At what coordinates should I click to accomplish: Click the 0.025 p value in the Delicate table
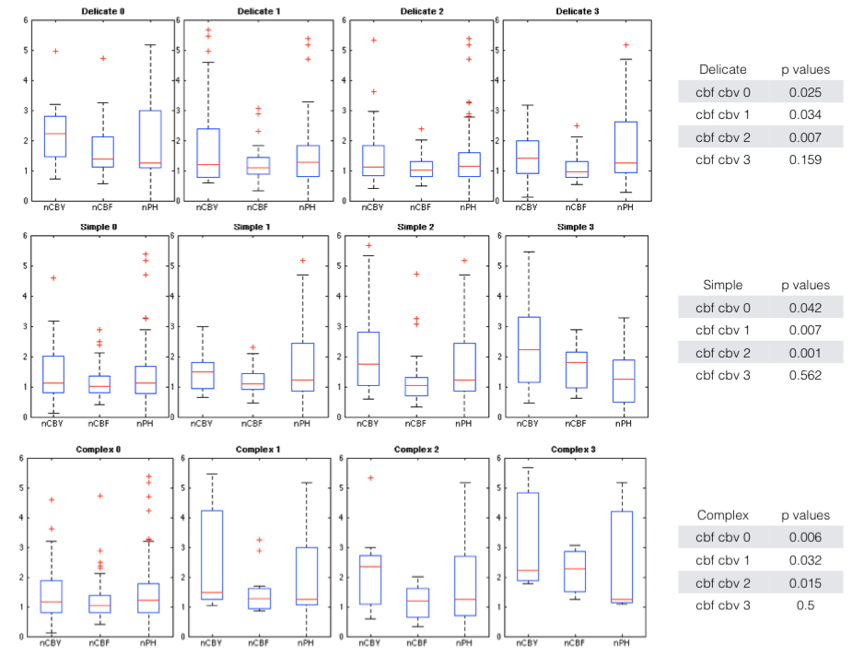tap(811, 92)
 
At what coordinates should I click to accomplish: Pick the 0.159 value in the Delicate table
tap(811, 160)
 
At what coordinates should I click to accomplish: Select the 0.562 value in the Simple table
tap(811, 375)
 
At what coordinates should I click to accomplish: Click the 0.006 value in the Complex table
tap(811, 537)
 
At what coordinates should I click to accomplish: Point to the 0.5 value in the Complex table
tap(811, 605)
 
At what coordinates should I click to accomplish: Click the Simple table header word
tap(722, 286)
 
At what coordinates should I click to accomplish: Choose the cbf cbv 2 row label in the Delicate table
tap(723, 137)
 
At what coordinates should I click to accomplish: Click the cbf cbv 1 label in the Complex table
tap(723, 560)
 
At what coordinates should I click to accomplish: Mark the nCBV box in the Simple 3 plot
tap(526, 349)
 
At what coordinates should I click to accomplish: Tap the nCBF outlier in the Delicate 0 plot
tap(103, 58)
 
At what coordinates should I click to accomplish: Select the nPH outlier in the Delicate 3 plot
tap(625, 44)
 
